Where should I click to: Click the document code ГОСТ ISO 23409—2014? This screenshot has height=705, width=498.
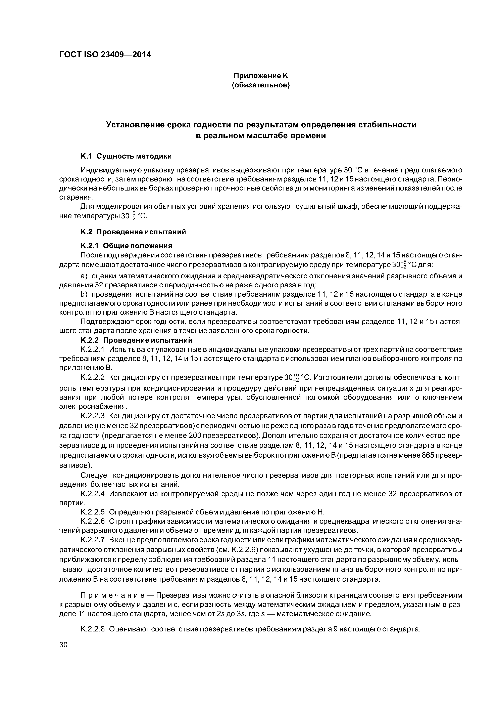(x=105, y=55)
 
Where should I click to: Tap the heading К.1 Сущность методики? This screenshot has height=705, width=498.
(x=126, y=156)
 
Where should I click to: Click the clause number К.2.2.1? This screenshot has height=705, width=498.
(x=93, y=350)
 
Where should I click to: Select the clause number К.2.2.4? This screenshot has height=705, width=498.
(x=93, y=494)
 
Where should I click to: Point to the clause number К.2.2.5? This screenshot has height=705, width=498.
(x=93, y=512)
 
